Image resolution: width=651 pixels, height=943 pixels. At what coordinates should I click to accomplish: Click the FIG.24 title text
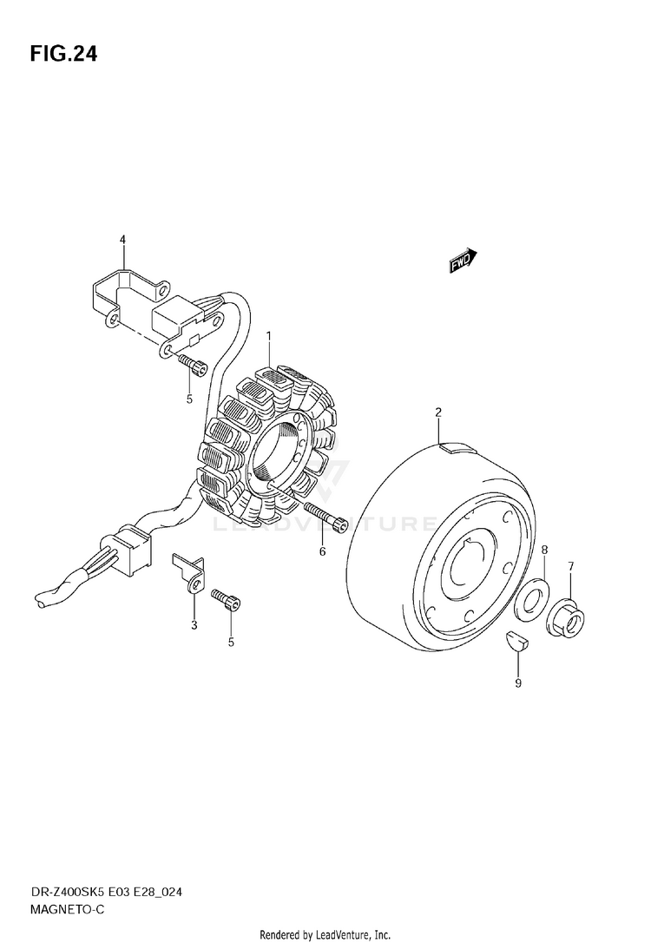(63, 55)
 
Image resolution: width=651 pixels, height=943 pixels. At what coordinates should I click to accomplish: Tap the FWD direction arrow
(463, 260)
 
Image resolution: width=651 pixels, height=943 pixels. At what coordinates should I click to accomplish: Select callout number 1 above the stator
(269, 335)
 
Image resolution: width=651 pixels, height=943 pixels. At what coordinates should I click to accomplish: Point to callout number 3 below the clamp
(194, 624)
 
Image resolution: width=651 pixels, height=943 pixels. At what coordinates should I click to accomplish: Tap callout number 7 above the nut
(571, 566)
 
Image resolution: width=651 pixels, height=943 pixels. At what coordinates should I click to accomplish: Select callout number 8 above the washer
(545, 550)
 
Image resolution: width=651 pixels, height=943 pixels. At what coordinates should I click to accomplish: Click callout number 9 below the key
(518, 683)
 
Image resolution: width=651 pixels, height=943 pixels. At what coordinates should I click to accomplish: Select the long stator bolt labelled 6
(325, 516)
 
